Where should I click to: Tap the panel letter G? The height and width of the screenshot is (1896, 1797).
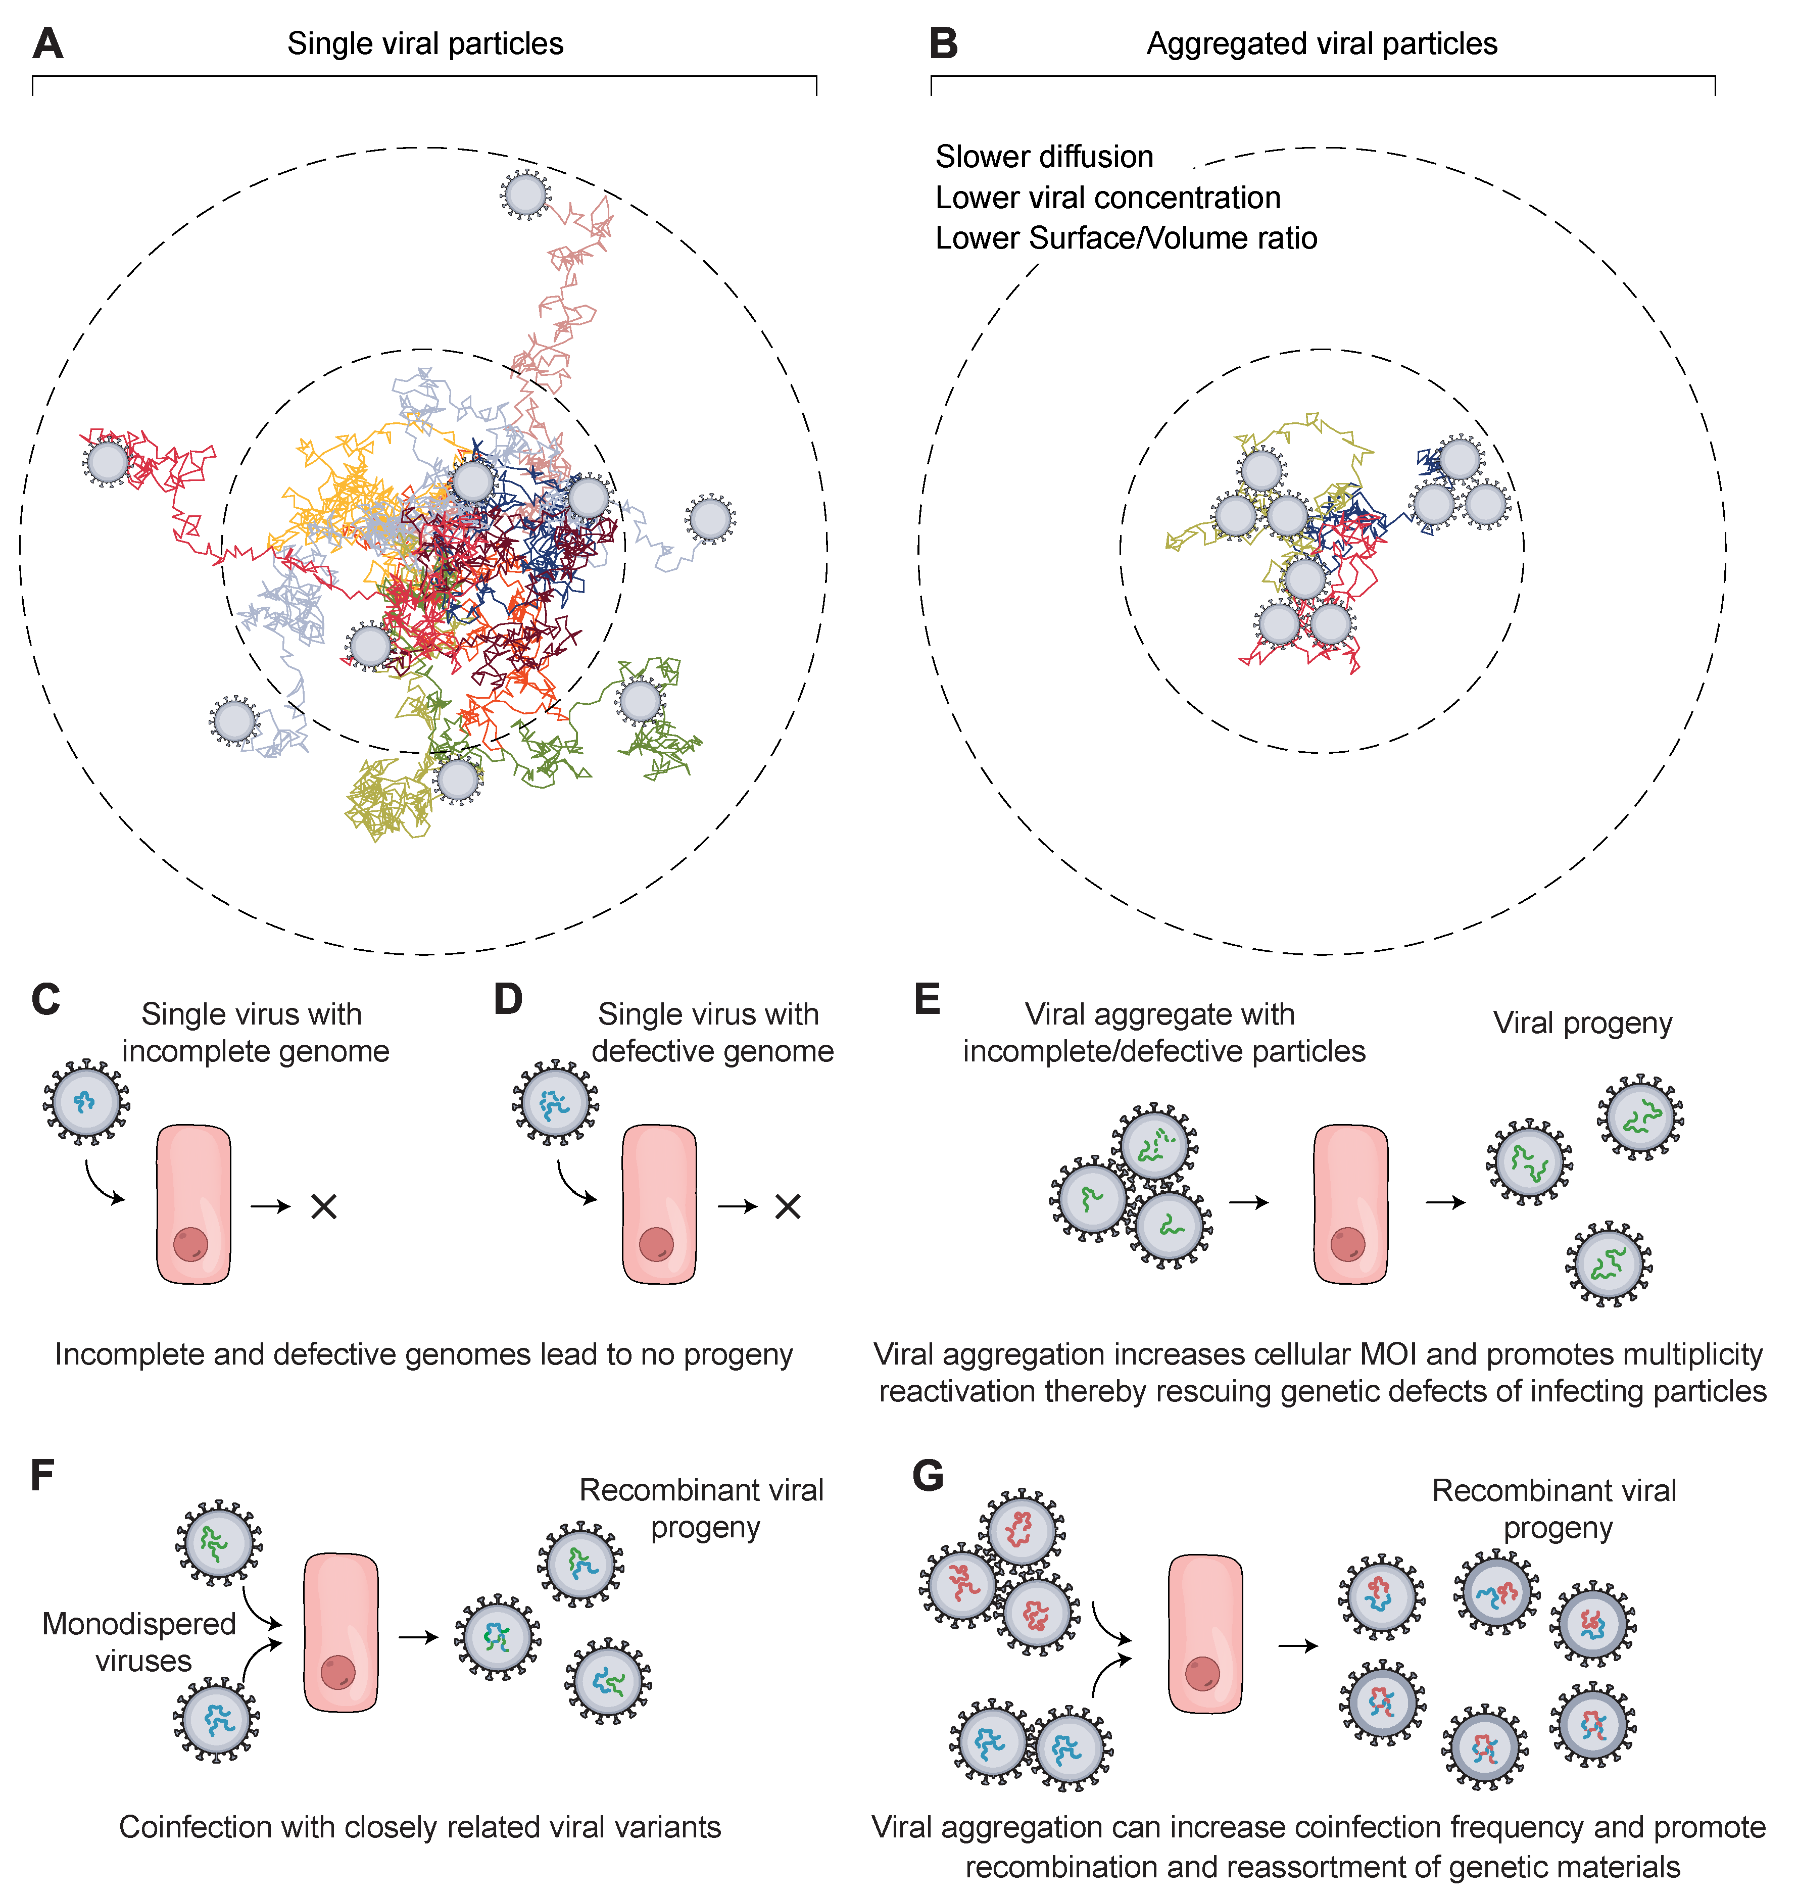(x=927, y=1475)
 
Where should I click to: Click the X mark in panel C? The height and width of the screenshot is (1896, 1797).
(x=324, y=1206)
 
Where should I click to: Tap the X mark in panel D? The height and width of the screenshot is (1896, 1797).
(x=788, y=1206)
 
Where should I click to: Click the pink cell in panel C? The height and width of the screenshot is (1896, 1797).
(x=193, y=1204)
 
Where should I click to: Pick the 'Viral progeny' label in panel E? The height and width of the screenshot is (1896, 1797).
(x=1582, y=1023)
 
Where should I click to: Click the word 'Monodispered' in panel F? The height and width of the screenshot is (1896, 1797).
(x=139, y=1623)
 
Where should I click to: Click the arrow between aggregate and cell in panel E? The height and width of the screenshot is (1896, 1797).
(x=1248, y=1202)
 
